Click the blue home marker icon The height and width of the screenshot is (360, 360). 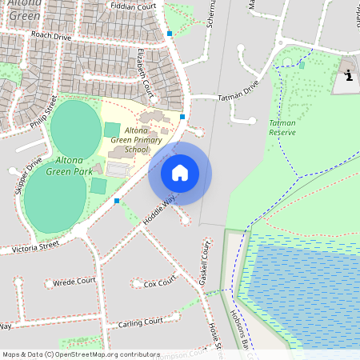tap(180, 173)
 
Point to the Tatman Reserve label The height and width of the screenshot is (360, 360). tap(282, 127)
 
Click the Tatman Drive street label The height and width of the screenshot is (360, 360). tap(238, 91)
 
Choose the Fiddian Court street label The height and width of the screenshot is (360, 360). tap(134, 8)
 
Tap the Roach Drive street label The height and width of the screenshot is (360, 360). tap(51, 36)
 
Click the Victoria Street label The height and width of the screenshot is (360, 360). tap(35, 246)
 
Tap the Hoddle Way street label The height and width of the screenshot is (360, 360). tap(158, 210)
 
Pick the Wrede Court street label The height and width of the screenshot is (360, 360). tap(74, 282)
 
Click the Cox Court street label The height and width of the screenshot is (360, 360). tap(159, 283)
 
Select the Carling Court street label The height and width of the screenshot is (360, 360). tap(140, 322)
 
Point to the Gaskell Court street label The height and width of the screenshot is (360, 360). tap(205, 264)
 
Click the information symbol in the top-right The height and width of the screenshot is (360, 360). tap(349, 76)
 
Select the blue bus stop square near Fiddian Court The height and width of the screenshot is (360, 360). tap(170, 34)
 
